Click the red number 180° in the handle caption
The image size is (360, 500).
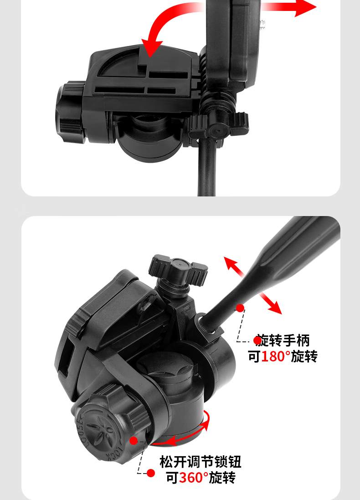tap(276, 356)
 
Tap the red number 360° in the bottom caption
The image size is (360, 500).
tap(194, 477)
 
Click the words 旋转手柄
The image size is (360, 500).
tap(283, 340)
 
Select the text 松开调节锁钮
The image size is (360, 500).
tap(200, 461)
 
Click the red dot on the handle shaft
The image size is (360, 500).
tap(240, 308)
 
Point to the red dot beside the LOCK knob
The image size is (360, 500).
tap(134, 441)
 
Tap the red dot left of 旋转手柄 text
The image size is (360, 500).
tap(257, 340)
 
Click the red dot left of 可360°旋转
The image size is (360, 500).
tap(151, 473)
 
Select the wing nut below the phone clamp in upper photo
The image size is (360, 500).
tap(218, 126)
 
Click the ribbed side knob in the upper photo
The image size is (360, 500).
tap(70, 112)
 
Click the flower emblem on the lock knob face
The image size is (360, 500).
tap(98, 430)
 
